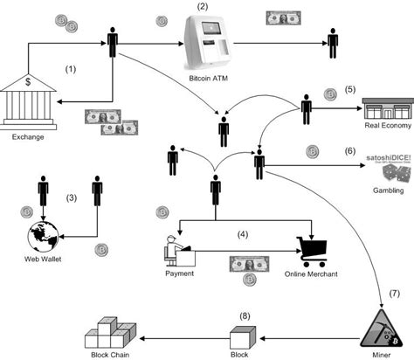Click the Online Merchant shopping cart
coord(311,250)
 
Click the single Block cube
coord(239,335)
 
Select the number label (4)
coord(244,234)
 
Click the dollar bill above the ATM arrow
coord(281,18)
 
